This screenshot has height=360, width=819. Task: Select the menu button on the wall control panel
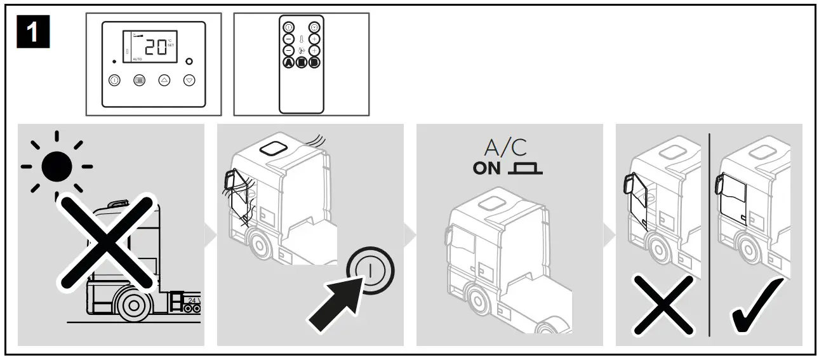point(139,81)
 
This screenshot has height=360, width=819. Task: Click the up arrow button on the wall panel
point(164,81)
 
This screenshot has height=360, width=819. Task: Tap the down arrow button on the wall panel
point(189,81)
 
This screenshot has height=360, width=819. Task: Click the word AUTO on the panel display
point(137,59)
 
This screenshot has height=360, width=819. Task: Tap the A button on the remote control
point(289,62)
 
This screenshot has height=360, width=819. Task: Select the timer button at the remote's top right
point(314,27)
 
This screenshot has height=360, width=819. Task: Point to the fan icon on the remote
point(302,50)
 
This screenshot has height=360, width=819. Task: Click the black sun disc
point(57,166)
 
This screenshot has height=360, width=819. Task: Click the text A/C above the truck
point(505,149)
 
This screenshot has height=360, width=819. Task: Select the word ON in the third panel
point(486,170)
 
